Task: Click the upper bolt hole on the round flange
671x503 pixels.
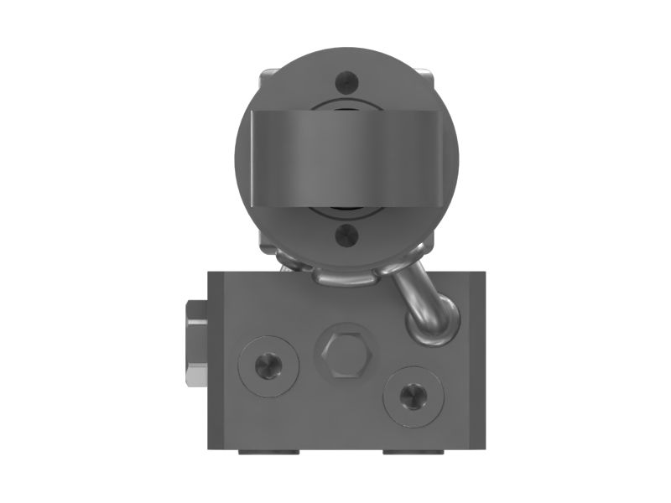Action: pyautogui.click(x=345, y=82)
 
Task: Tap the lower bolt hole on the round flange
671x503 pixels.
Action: pyautogui.click(x=345, y=236)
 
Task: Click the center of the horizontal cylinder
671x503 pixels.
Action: pyautogui.click(x=345, y=158)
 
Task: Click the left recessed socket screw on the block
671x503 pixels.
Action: pyautogui.click(x=268, y=366)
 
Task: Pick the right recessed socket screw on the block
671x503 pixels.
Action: pyautogui.click(x=413, y=394)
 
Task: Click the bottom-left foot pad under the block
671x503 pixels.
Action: pyautogui.click(x=267, y=452)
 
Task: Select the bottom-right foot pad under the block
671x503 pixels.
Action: pyautogui.click(x=413, y=452)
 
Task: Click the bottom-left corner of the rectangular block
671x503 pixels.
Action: pyautogui.click(x=210, y=447)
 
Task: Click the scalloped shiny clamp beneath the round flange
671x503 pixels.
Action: pyautogui.click(x=344, y=275)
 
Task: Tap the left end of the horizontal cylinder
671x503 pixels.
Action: pyautogui.click(x=252, y=158)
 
